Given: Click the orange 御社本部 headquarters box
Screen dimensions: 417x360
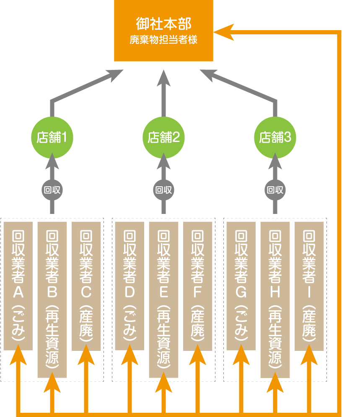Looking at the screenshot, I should coord(163,30).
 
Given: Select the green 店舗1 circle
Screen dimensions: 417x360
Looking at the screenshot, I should coord(52,137).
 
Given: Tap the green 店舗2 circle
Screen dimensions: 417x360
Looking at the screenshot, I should coord(163,137).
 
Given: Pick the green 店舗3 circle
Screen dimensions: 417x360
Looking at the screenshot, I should coord(275,137).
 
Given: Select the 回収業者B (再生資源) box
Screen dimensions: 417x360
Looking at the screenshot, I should coord(52,299).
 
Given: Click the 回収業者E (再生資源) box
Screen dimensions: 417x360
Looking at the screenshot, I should coord(163,299).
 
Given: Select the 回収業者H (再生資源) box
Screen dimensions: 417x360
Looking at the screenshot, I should coord(275,299).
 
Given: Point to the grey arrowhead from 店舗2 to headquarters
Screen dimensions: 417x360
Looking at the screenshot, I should coord(163,78).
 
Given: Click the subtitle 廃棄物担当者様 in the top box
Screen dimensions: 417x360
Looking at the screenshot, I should coord(163,41).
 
